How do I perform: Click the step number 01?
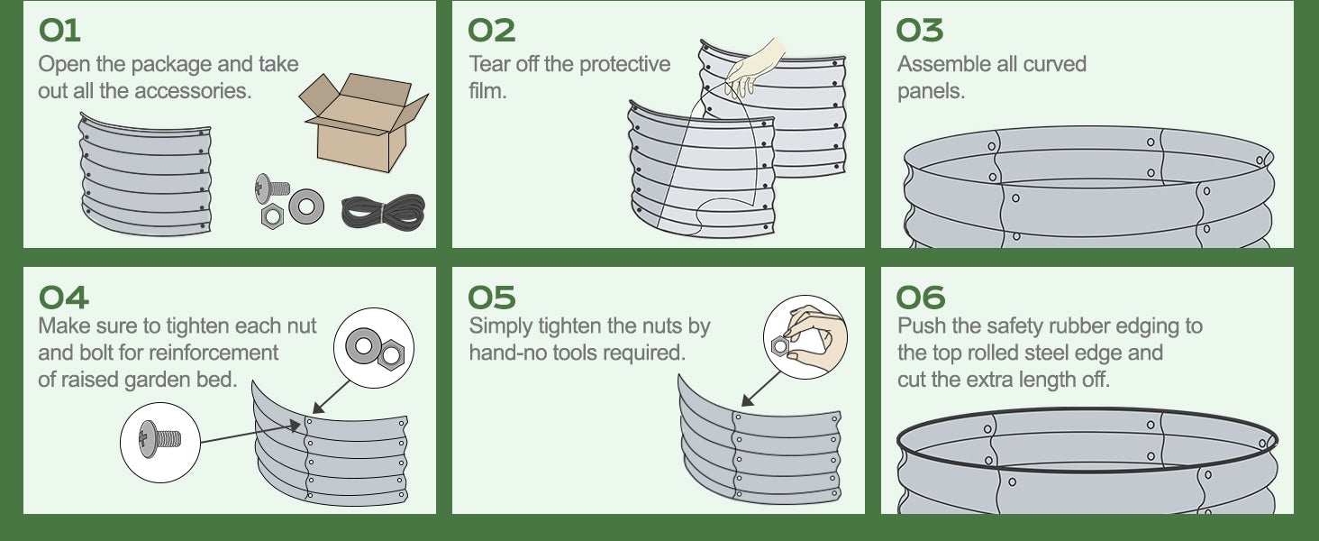click(59, 31)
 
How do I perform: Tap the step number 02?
click(490, 31)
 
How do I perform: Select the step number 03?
click(919, 31)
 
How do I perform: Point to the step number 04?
click(63, 298)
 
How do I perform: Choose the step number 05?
click(492, 298)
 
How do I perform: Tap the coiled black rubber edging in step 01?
click(383, 212)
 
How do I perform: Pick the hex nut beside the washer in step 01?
click(272, 216)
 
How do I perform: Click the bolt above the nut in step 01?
click(272, 188)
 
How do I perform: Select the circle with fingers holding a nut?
click(805, 337)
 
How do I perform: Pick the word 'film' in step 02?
click(487, 91)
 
